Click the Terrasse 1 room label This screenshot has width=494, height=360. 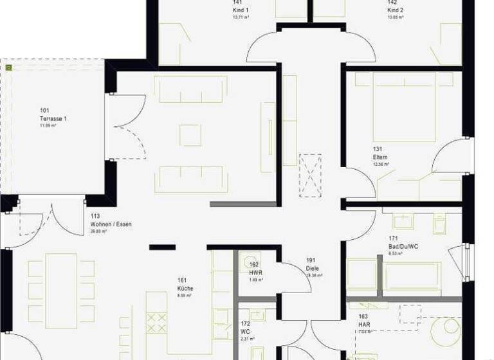pyautogui.click(x=53, y=119)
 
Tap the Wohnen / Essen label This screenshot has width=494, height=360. pyautogui.click(x=111, y=224)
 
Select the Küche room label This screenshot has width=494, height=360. pyautogui.click(x=185, y=289)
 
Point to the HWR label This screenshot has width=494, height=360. pyautogui.click(x=255, y=273)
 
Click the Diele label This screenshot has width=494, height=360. pyautogui.click(x=313, y=269)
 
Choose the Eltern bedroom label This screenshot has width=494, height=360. pyautogui.click(x=380, y=157)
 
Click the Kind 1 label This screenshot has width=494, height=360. pyautogui.click(x=241, y=11)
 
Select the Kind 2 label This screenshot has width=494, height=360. pyautogui.click(x=395, y=11)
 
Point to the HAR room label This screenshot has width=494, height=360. pyautogui.click(x=364, y=325)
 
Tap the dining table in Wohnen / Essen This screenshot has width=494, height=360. pyautogui.click(x=62, y=289)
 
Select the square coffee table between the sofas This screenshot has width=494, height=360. pyautogui.click(x=190, y=134)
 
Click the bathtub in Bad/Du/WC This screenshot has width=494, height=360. pyautogui.click(x=412, y=278)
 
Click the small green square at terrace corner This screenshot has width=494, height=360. pyautogui.click(x=8, y=66)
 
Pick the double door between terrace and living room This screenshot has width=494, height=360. pyautogui.click(x=125, y=127)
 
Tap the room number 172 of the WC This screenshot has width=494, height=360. pyautogui.click(x=245, y=323)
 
